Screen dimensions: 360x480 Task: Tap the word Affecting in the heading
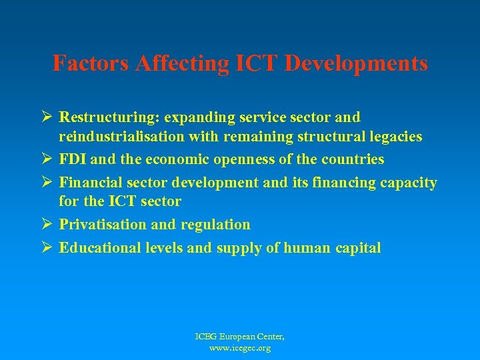[177, 63]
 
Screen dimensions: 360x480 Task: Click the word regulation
[215, 225]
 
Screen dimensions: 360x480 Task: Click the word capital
[358, 248]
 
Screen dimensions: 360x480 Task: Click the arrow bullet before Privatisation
[47, 225]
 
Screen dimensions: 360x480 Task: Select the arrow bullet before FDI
[47, 159]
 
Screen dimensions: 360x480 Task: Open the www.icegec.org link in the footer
[239, 349]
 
